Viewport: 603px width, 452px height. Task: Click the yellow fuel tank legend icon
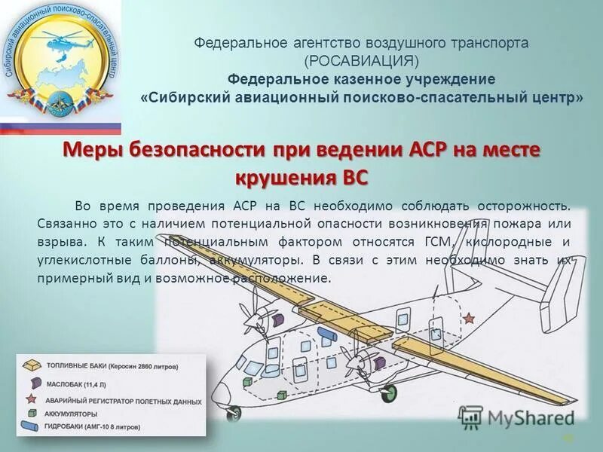pyautogui.click(x=32, y=366)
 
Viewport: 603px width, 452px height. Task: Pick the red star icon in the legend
pyautogui.click(x=32, y=399)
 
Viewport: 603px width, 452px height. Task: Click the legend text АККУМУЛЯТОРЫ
pyautogui.click(x=72, y=414)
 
